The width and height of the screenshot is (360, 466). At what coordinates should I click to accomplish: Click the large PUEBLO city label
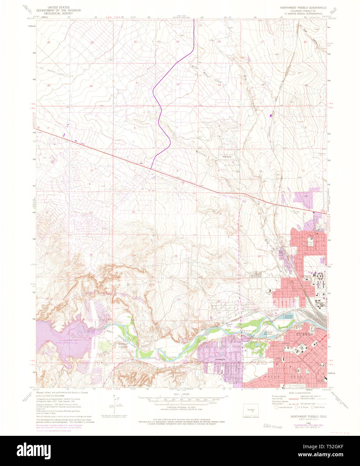pos(305,334)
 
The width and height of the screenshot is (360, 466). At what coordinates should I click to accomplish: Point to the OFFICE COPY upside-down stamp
pos(272,426)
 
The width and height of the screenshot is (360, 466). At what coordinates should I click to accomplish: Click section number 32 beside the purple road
pos(178,84)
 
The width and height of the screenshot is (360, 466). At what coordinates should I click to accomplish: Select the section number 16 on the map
pos(220,214)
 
